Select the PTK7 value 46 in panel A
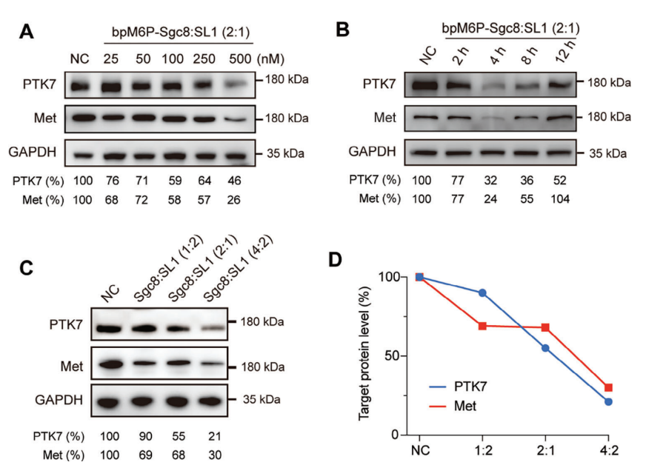235,179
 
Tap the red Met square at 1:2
482,326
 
